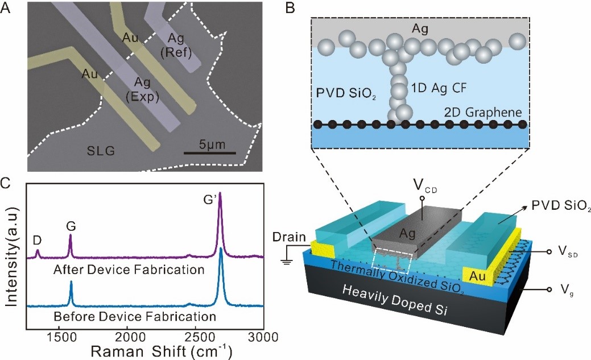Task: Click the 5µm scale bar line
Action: coord(209,153)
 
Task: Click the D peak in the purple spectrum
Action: coord(38,251)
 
